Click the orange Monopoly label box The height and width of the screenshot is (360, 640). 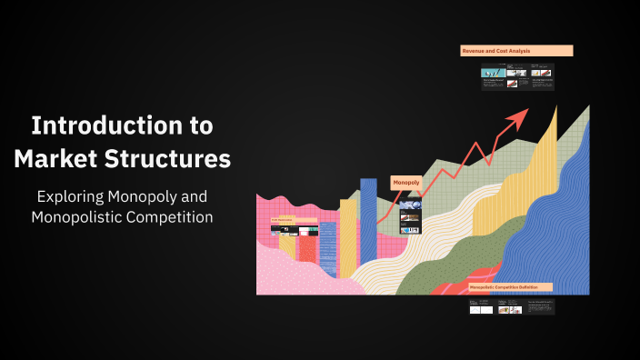(406, 183)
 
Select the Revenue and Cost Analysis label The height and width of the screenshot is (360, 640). (516, 51)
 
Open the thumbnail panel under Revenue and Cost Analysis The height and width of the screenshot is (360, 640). (517, 76)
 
